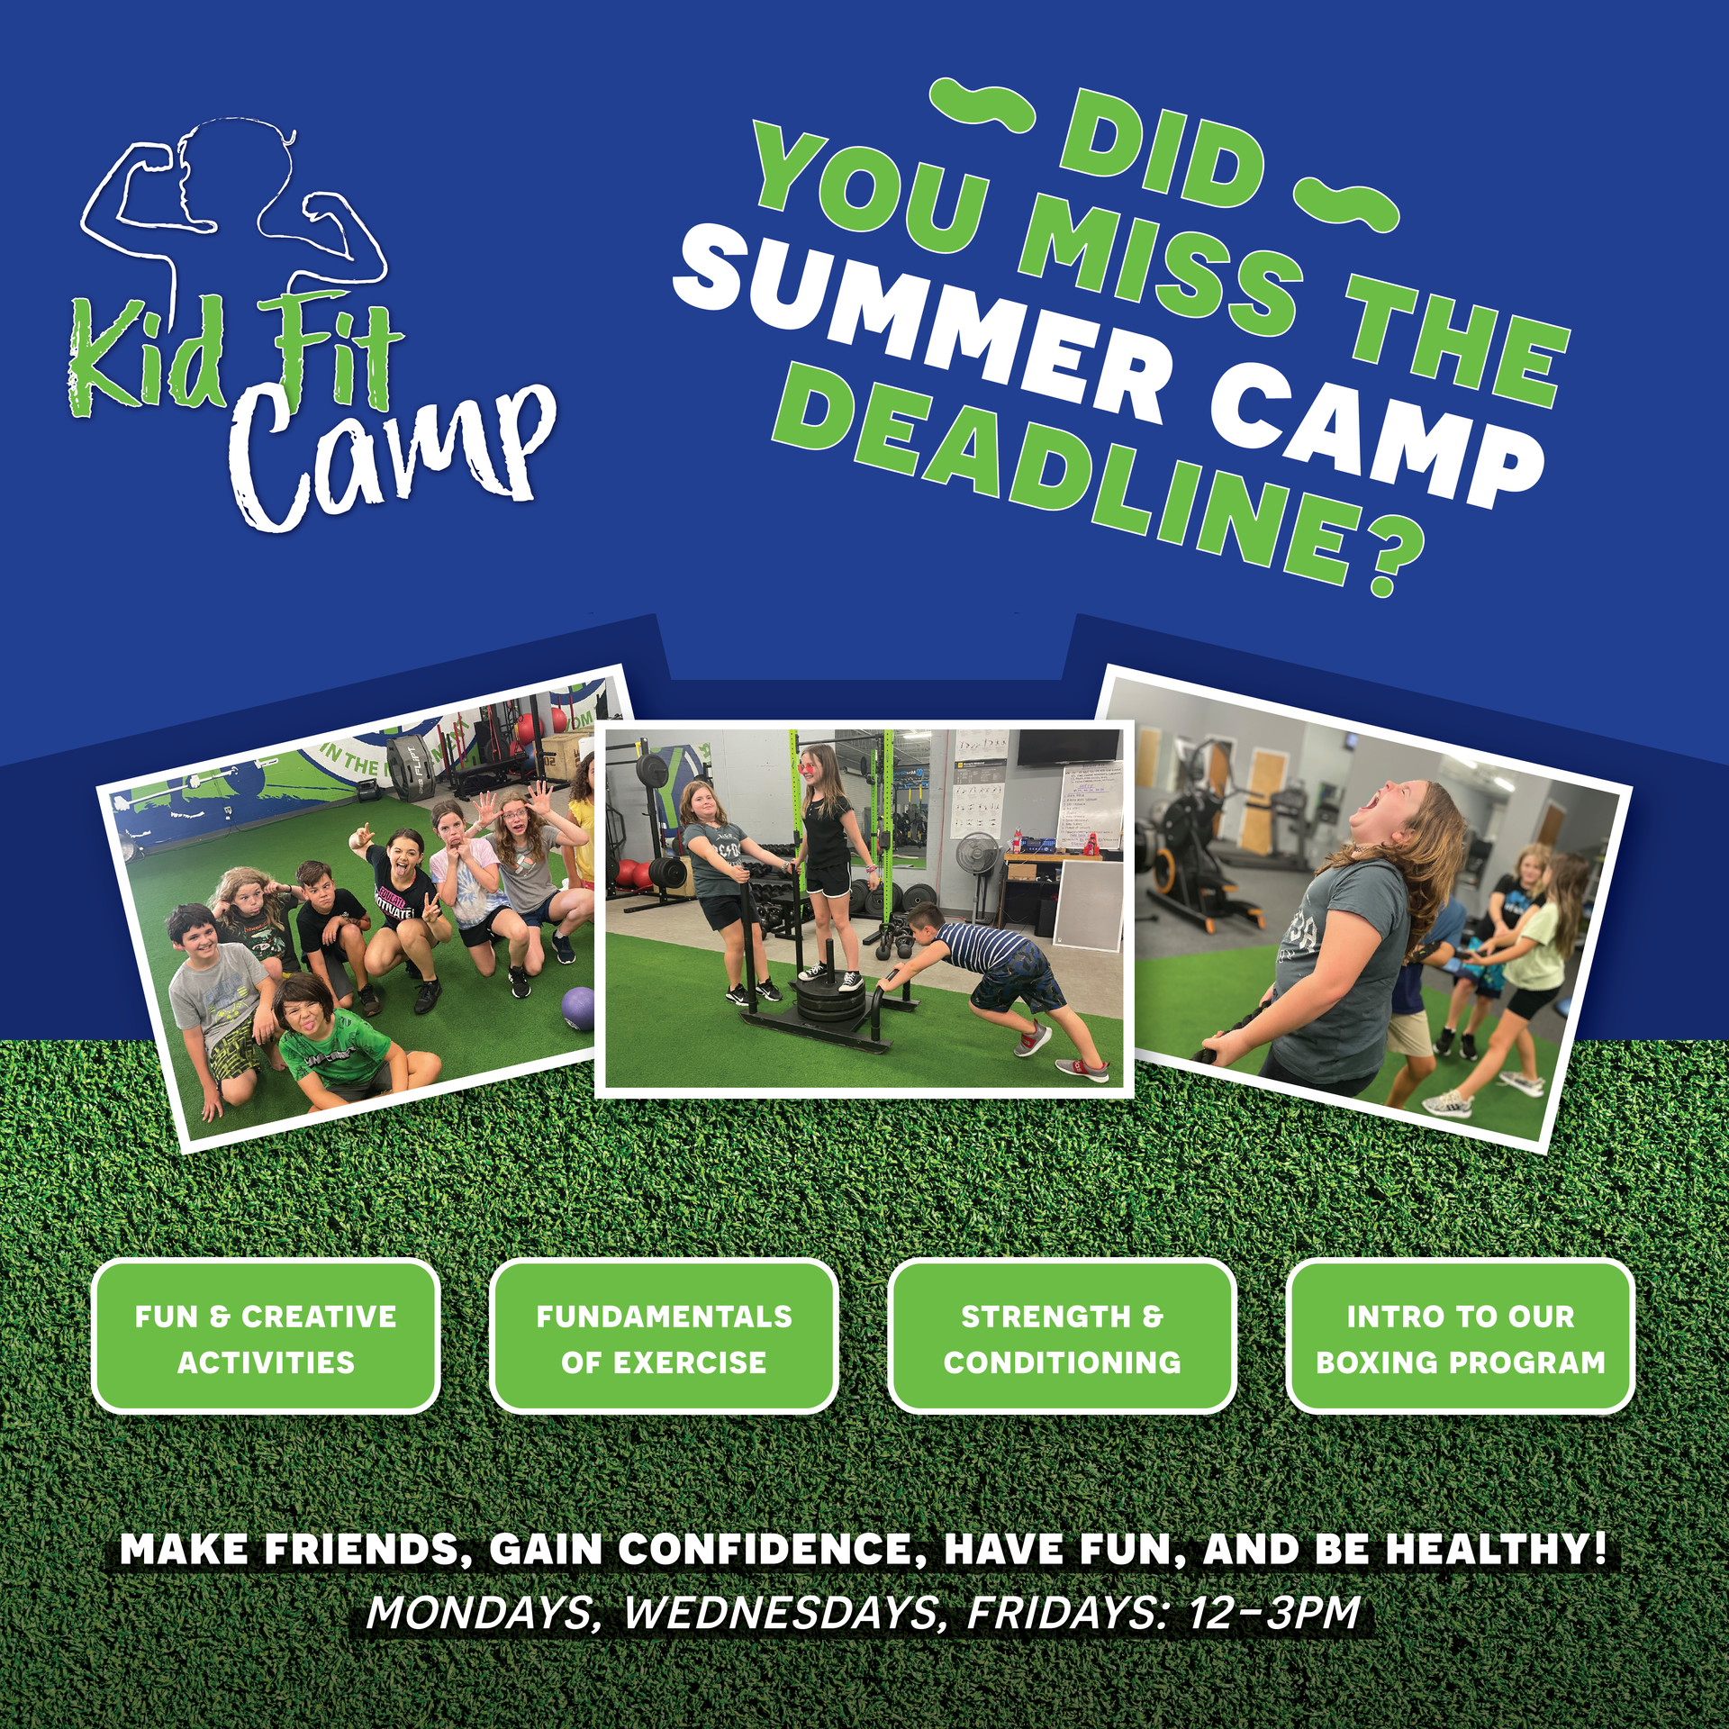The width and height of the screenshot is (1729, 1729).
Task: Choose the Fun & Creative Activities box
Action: [x=266, y=1336]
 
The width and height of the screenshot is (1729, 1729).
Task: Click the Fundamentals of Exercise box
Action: [x=664, y=1336]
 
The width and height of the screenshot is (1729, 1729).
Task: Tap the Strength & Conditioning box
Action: [x=1062, y=1336]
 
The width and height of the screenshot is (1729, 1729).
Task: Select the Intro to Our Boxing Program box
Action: [x=1460, y=1336]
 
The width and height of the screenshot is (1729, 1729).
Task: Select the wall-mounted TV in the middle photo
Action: [x=1068, y=747]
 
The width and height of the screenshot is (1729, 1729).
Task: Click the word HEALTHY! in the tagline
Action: [x=1496, y=1550]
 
